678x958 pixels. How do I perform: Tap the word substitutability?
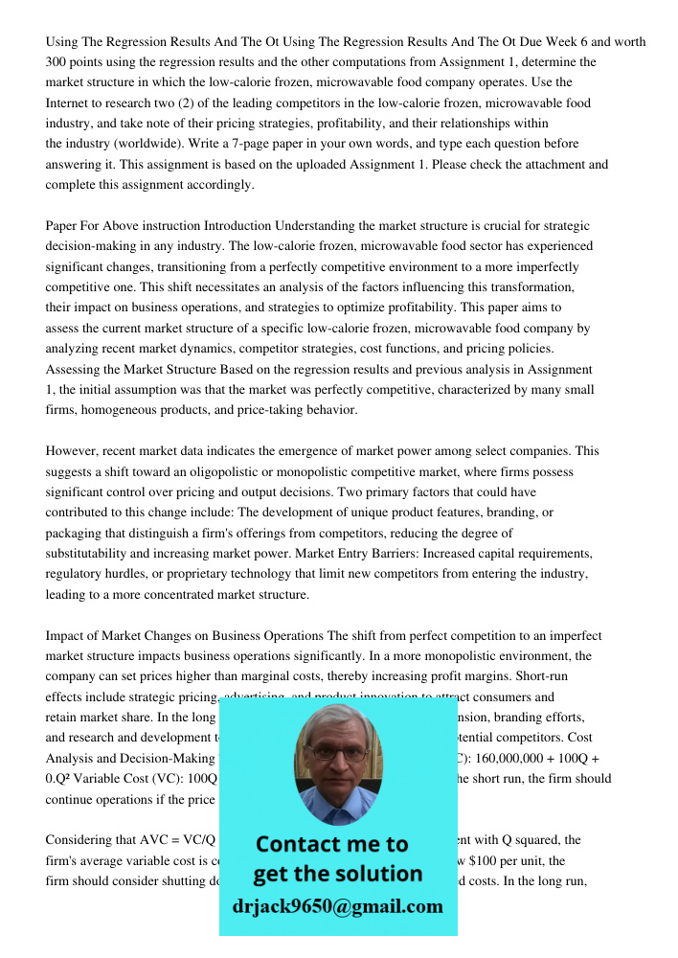tap(93, 554)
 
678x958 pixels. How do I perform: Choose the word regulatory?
tap(76, 574)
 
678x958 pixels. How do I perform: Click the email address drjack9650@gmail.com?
tap(338, 906)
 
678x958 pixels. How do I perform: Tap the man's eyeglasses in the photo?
tap(338, 753)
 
